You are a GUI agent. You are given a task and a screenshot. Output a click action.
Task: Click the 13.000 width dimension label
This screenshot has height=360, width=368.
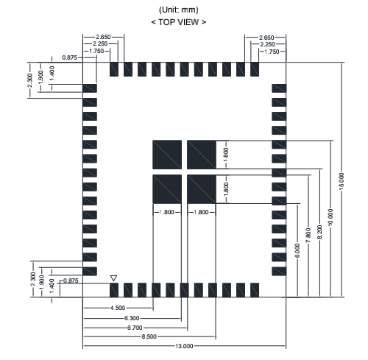(x=184, y=346)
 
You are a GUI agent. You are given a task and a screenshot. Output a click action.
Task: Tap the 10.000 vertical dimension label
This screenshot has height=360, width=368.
(x=330, y=217)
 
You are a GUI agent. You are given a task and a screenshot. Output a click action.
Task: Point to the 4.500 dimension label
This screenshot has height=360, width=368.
(x=118, y=308)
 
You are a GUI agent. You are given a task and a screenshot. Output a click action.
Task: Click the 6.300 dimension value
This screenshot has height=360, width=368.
(x=132, y=318)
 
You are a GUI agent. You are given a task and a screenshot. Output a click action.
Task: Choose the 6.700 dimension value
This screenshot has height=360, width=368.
(x=135, y=328)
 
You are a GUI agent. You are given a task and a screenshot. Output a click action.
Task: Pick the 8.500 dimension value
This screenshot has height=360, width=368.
(x=149, y=336)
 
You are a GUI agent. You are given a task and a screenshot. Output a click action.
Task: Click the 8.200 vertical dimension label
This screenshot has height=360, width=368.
(x=319, y=232)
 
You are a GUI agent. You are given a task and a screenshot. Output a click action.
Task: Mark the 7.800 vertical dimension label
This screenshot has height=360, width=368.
(x=308, y=236)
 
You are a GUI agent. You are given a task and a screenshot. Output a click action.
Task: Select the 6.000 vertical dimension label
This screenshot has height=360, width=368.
(x=297, y=250)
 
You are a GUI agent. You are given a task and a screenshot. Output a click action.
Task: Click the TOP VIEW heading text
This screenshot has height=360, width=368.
(x=179, y=22)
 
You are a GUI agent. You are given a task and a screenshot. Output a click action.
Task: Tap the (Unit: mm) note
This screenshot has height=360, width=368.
(x=179, y=10)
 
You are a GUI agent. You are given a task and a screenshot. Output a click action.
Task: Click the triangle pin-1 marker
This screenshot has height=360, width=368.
(x=113, y=278)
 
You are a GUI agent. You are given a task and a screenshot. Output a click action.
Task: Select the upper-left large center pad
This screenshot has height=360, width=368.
(x=167, y=155)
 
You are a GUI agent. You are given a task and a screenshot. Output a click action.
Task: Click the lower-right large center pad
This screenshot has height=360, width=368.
(x=202, y=189)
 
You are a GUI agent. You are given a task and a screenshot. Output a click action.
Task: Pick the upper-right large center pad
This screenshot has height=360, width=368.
(x=202, y=155)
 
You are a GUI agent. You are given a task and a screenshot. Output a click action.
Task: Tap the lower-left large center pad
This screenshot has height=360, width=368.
(x=167, y=189)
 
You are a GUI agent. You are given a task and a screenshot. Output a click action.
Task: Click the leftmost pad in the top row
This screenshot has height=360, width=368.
(x=114, y=69)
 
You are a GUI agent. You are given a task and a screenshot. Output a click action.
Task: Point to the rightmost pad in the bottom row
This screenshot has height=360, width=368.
(x=255, y=290)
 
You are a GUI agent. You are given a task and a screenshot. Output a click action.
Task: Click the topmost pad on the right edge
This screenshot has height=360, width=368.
(x=279, y=88)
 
